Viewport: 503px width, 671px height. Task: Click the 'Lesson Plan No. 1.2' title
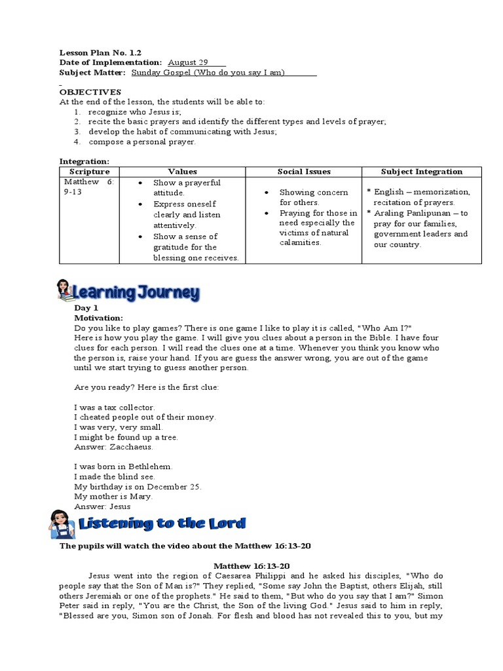click(x=100, y=52)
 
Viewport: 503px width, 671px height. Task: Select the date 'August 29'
click(x=184, y=62)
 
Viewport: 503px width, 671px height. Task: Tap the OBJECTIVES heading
click(x=90, y=92)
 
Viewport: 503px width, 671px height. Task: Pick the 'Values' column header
click(x=182, y=172)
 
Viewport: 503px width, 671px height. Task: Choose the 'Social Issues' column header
click(x=304, y=172)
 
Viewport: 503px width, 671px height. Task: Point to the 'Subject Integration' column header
click(x=422, y=172)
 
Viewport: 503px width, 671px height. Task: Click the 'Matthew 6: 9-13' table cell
click(x=88, y=187)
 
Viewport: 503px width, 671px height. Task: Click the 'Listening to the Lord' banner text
click(x=162, y=523)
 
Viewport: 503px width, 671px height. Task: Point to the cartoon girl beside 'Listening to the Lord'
click(x=63, y=524)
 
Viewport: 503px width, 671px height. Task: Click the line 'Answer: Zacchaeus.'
click(x=114, y=447)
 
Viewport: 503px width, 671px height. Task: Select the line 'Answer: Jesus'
click(x=103, y=506)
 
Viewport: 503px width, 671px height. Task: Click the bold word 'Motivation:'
click(x=98, y=318)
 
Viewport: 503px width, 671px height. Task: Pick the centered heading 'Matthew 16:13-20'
click(x=252, y=566)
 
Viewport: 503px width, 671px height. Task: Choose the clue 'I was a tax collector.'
click(x=115, y=407)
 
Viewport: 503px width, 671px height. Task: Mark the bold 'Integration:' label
click(x=84, y=161)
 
